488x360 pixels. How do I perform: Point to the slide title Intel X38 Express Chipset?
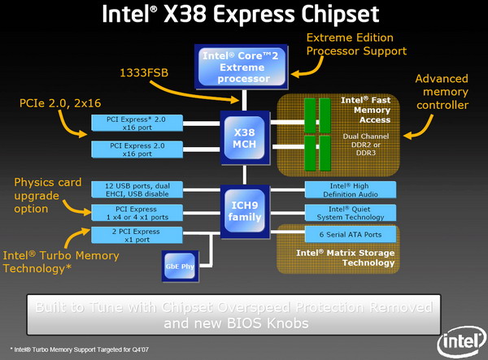tap(243, 15)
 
